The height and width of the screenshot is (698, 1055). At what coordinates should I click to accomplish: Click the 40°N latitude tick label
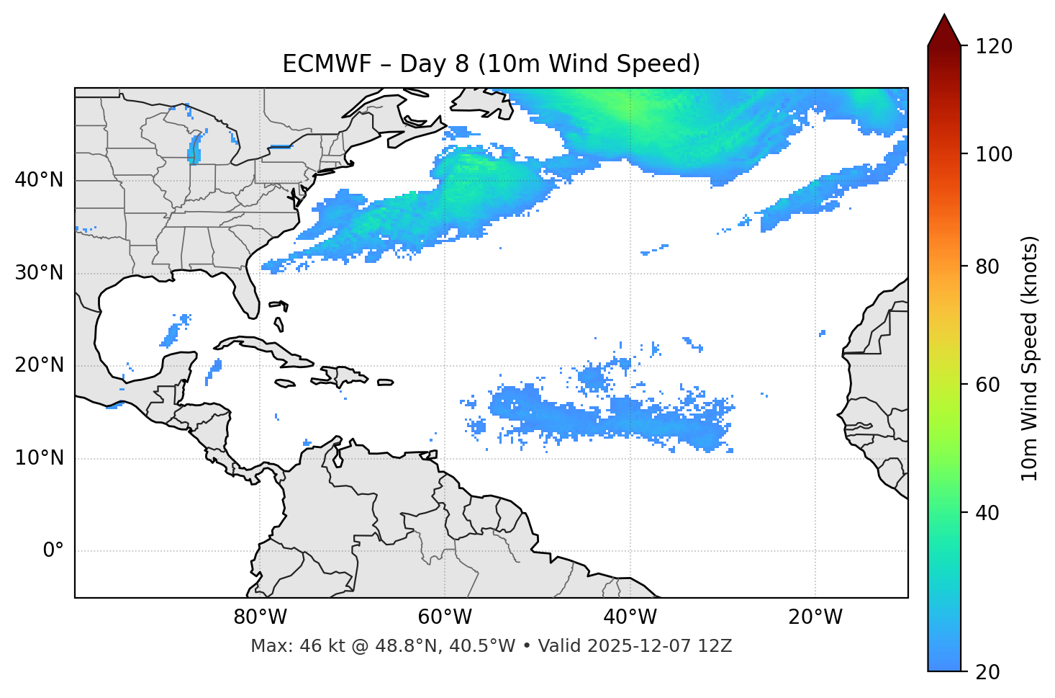[39, 180]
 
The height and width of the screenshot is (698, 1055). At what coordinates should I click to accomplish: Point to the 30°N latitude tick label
[39, 273]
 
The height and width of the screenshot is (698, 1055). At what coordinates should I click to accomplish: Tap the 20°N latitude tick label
[39, 365]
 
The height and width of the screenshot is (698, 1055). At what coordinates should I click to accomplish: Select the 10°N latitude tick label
[39, 458]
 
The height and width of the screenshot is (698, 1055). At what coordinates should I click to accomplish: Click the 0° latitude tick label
[53, 551]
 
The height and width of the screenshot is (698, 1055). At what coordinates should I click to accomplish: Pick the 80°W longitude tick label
[260, 617]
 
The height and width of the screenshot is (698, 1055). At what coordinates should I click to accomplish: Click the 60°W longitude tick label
[445, 617]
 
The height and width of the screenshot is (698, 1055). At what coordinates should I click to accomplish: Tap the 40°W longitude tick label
[630, 617]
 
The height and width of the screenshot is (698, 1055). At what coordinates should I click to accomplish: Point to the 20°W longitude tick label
[815, 617]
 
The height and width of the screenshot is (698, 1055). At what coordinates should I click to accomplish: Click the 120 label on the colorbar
[994, 46]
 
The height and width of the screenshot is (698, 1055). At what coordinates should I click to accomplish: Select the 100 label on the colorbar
[994, 154]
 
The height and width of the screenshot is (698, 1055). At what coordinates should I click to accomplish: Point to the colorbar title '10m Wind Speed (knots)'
[1030, 358]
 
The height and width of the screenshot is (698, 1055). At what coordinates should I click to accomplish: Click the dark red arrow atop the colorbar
[944, 30]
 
